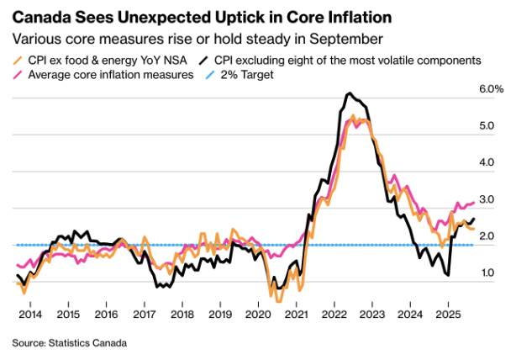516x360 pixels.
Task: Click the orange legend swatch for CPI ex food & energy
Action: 18,60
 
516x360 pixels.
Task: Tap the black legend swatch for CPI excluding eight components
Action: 204,60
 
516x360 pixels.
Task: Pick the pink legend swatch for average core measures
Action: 18,76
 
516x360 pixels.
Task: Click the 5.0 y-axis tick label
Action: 487,126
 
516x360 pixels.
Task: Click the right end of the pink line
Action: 475,202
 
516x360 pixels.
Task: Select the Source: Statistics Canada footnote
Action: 69,343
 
